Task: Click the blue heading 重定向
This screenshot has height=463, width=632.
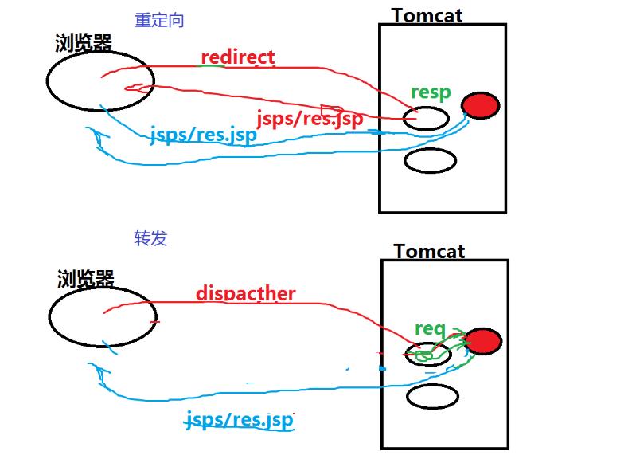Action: pyautogui.click(x=158, y=21)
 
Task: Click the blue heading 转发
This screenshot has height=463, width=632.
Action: pyautogui.click(x=150, y=238)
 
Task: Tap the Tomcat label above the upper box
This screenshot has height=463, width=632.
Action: pyautogui.click(x=427, y=14)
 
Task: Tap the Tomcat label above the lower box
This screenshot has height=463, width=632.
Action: pyautogui.click(x=429, y=251)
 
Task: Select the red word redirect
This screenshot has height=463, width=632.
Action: pyautogui.click(x=238, y=57)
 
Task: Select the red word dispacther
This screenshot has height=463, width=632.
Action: pyautogui.click(x=245, y=293)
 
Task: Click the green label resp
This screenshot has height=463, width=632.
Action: pyautogui.click(x=430, y=92)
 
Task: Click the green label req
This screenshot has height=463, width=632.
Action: pyautogui.click(x=430, y=328)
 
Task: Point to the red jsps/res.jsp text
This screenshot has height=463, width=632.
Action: pyautogui.click(x=310, y=119)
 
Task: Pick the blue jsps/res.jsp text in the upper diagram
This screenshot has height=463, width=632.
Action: pyautogui.click(x=203, y=135)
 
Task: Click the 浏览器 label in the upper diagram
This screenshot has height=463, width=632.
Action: pyautogui.click(x=84, y=44)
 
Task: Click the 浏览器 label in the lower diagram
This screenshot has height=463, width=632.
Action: pyautogui.click(x=86, y=279)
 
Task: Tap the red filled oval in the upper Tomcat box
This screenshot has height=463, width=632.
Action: pyautogui.click(x=480, y=105)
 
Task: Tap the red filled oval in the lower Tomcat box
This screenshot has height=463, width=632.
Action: pyautogui.click(x=482, y=341)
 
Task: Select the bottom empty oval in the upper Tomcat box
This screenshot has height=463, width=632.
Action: pyautogui.click(x=430, y=160)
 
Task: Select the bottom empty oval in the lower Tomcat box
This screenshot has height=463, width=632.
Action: pyautogui.click(x=432, y=396)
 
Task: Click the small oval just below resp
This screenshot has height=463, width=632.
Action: pyautogui.click(x=426, y=119)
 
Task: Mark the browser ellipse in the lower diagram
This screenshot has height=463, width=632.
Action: pyautogui.click(x=102, y=317)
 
